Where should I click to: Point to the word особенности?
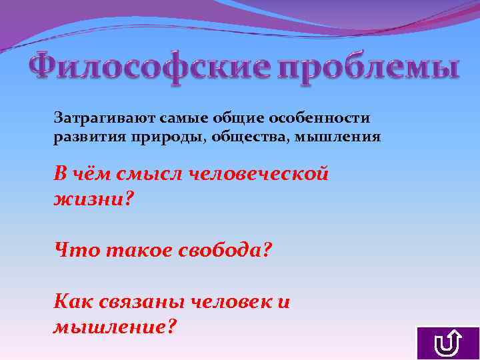pos(319,118)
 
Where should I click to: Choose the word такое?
pos(133,251)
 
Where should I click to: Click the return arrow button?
pos(447,343)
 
